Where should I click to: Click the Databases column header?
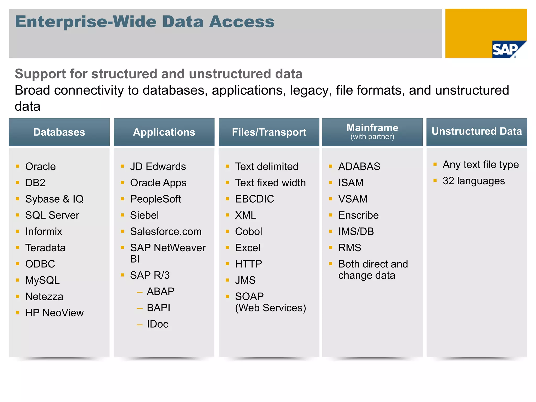tap(59, 132)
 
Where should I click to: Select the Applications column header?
tap(164, 132)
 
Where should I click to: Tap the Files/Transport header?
tap(269, 132)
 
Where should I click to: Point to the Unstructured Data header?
tap(477, 131)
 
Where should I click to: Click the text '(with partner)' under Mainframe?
tap(372, 137)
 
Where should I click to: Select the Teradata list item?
tap(45, 248)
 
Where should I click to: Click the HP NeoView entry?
tap(54, 313)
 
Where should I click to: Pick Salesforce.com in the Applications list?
tap(166, 231)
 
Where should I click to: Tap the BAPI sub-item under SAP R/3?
tap(158, 308)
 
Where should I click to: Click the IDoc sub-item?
tap(157, 324)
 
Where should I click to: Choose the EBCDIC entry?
tap(254, 199)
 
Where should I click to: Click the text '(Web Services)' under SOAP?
tap(270, 308)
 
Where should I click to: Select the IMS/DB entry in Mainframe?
tap(356, 231)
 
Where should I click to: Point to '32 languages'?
tap(474, 181)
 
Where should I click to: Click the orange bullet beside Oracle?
tap(18, 166)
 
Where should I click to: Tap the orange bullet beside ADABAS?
tap(331, 166)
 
